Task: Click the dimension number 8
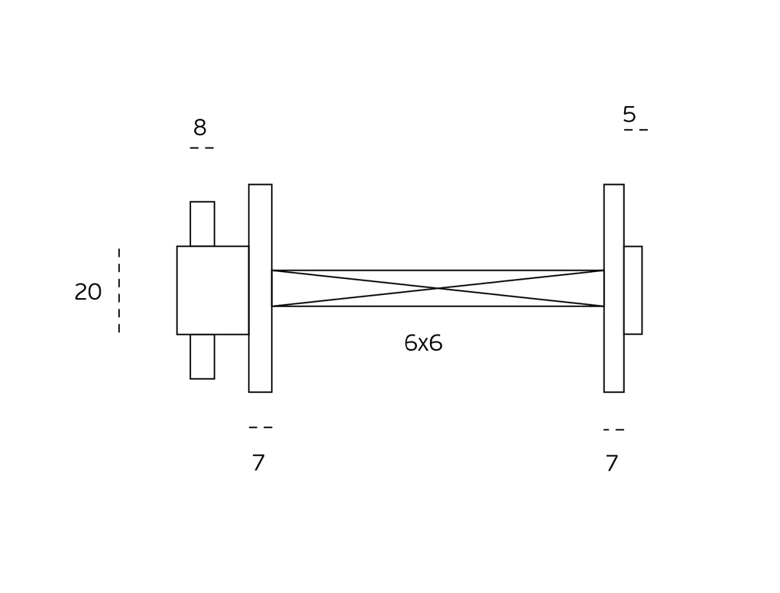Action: point(199,128)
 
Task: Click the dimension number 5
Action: point(629,115)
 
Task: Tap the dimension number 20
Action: point(88,292)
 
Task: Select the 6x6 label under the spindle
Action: point(423,343)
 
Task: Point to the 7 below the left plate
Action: point(258,462)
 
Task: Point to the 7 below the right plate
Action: point(611,463)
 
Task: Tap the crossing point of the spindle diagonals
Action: point(438,288)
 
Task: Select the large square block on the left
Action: point(212,290)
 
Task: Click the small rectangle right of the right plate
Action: point(633,290)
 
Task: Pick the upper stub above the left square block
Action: point(202,223)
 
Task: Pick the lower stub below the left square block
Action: point(202,356)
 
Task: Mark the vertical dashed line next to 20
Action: point(119,290)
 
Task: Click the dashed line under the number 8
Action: point(202,147)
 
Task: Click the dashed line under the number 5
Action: point(636,130)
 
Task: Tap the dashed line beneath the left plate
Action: point(261,427)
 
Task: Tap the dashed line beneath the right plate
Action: point(613,429)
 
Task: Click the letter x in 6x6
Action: point(423,344)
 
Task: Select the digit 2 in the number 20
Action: point(81,292)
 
